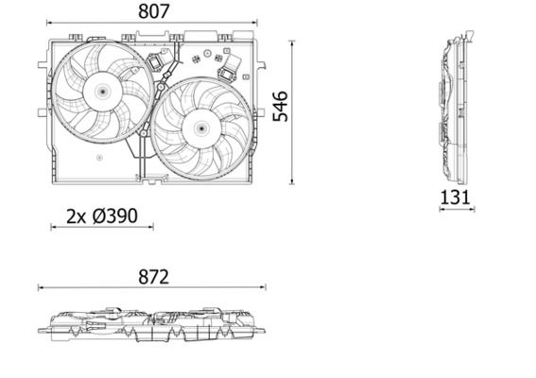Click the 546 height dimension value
point(281,106)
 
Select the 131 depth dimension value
point(456,198)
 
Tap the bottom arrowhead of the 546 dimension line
point(294,182)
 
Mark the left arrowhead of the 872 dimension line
point(41,289)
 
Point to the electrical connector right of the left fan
point(156,64)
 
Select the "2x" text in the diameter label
point(76,216)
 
